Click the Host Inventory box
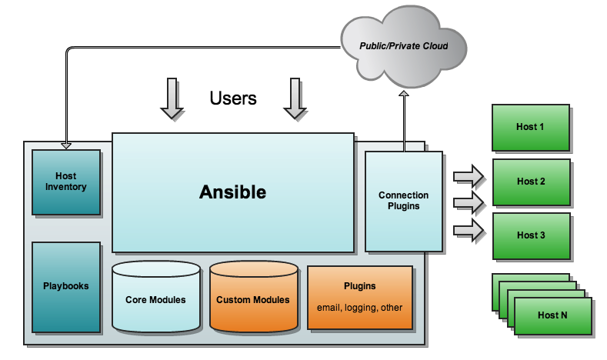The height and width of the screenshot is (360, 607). point(66,182)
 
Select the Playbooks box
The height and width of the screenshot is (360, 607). point(66,285)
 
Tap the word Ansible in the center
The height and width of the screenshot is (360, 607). point(232,192)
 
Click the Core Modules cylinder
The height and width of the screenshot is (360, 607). point(155,299)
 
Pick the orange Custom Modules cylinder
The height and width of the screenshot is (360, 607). point(253,299)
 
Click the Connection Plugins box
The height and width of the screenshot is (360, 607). point(404,201)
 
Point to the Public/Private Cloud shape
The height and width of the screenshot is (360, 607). point(403,46)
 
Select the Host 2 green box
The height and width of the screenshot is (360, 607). point(531,182)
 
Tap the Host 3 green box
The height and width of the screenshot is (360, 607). point(531,235)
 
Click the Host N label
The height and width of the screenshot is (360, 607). point(553,315)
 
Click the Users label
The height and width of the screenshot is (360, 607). point(233,98)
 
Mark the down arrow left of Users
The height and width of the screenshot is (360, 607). point(172,99)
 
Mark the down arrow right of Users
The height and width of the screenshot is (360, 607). point(295,99)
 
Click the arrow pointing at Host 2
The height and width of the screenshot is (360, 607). point(469,203)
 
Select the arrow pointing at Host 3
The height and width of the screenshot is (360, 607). point(469,229)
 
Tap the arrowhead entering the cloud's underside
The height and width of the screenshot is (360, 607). point(403,93)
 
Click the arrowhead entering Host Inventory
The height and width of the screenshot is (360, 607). point(66,145)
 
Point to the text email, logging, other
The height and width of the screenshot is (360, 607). point(360,308)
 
